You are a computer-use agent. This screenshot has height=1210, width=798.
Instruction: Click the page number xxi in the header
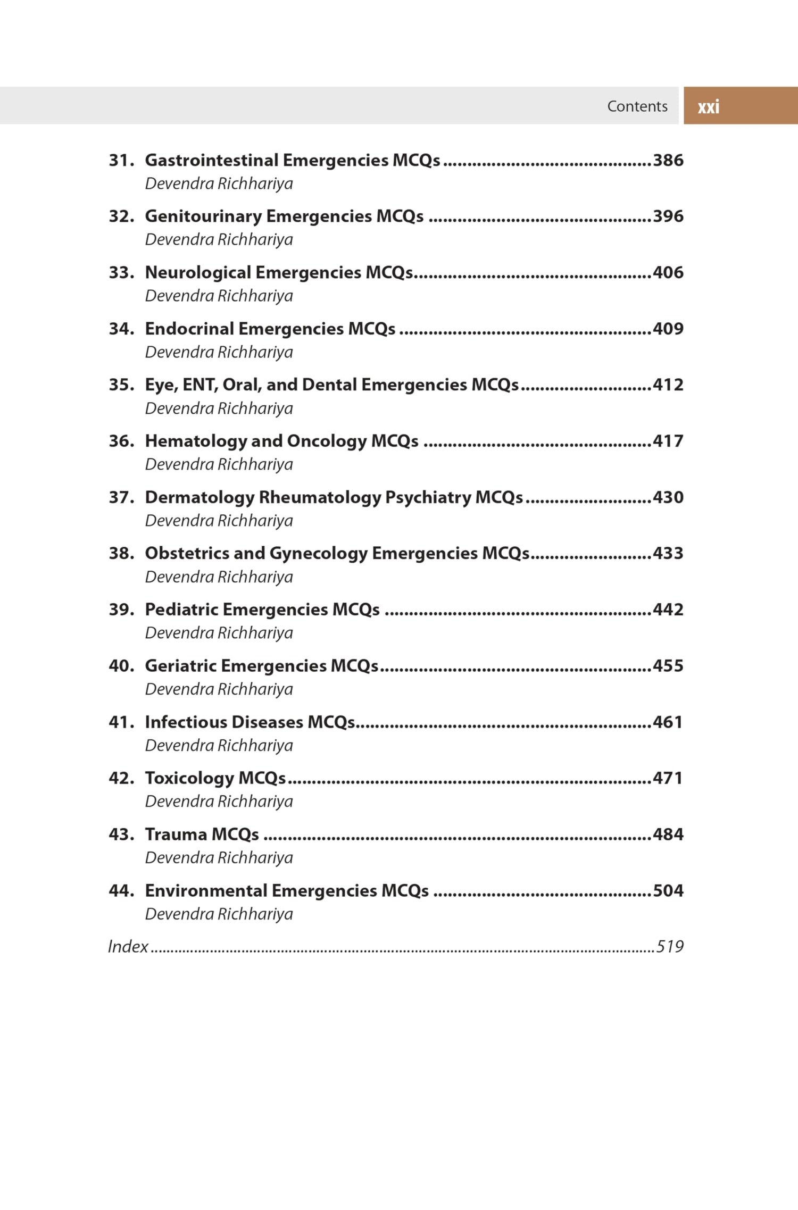708,107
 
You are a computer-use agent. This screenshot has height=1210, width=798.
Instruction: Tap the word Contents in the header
637,106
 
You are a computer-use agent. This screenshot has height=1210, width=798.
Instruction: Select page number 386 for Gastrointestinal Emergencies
668,160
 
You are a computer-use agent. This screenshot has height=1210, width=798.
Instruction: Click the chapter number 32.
121,216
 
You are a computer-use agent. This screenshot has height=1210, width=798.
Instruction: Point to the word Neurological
197,273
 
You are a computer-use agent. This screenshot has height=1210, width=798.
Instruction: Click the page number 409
668,329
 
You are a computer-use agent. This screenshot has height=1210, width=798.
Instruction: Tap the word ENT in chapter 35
199,385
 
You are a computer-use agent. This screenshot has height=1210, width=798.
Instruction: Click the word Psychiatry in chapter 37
427,498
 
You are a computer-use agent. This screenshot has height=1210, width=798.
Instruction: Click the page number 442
668,610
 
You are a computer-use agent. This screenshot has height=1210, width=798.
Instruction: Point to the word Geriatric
180,666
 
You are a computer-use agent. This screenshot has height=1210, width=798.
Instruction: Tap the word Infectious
186,722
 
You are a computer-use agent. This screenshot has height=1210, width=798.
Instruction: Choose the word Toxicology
189,779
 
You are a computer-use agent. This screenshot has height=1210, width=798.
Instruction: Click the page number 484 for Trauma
668,835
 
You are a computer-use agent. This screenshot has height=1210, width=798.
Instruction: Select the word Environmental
206,891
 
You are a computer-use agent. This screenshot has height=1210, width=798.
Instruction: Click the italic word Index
128,947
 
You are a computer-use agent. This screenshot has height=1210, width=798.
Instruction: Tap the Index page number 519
670,947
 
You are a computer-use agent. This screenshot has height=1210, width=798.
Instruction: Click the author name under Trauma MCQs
219,858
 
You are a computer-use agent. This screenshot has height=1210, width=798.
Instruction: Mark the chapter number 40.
121,666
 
